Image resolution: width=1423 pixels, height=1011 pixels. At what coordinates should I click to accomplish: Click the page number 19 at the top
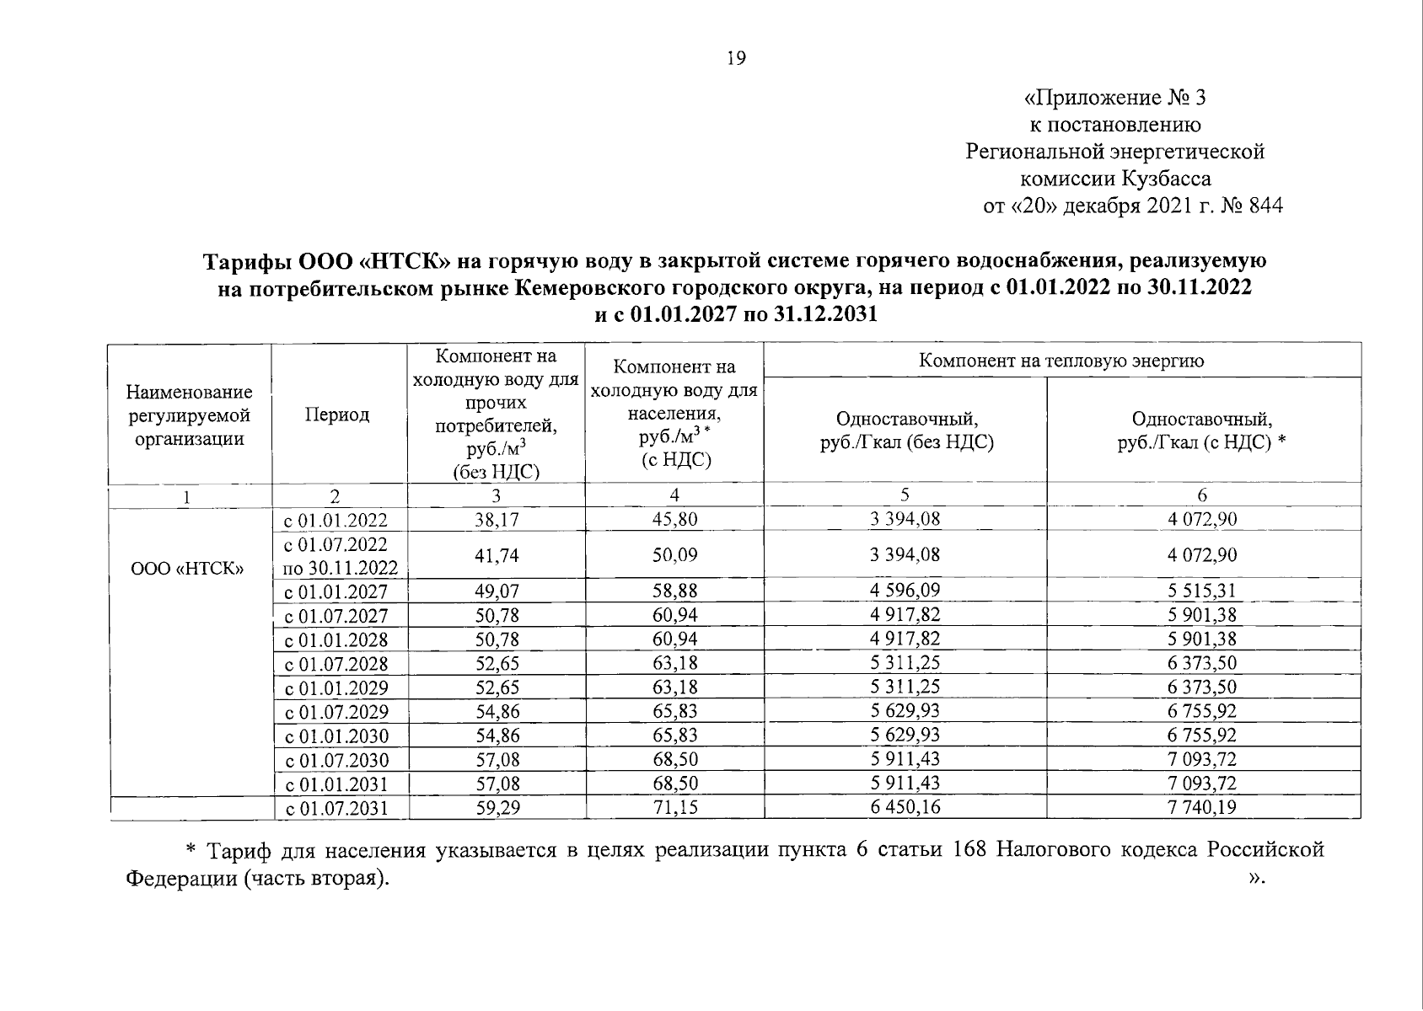735,58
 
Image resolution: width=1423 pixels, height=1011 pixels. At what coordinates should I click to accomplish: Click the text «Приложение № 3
1114,99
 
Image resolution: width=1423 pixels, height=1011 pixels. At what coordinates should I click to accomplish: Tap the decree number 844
1265,206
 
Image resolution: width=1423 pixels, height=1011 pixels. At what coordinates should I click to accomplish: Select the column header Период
337,415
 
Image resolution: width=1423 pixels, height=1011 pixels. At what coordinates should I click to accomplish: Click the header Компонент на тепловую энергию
1061,361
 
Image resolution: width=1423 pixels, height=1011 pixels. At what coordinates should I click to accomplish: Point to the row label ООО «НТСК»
188,568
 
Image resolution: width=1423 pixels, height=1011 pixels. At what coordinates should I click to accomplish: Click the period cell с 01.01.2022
336,520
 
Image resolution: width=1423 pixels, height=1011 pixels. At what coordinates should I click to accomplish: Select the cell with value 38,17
497,520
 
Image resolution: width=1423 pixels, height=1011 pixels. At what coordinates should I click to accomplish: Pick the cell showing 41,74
497,555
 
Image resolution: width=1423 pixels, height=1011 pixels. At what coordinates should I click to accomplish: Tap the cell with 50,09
674,555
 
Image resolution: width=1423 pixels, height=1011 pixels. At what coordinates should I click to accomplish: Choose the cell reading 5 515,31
1202,591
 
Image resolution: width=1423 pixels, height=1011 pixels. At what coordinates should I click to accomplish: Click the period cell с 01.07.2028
336,664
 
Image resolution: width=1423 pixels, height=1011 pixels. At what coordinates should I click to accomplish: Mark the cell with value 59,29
497,808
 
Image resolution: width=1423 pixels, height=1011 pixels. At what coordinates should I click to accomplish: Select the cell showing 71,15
674,808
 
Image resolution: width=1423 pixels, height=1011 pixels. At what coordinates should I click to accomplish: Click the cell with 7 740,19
1202,808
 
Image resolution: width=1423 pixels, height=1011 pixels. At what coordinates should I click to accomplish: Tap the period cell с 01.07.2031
336,809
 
